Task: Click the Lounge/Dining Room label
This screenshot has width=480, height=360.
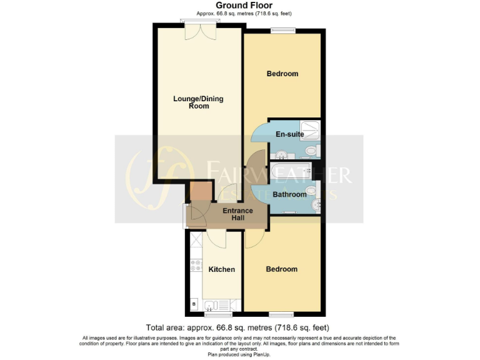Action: click(198, 102)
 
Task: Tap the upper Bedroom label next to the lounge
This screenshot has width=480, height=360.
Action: click(282, 74)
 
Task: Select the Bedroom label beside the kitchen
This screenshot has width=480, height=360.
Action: click(282, 269)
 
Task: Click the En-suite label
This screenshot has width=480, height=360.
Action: click(290, 134)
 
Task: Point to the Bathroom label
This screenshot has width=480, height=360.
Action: click(289, 194)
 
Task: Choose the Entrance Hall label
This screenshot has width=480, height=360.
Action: click(238, 214)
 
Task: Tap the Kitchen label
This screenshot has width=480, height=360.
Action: click(221, 269)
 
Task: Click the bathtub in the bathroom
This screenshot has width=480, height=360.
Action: click(291, 170)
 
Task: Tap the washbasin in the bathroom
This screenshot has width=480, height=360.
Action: click(317, 203)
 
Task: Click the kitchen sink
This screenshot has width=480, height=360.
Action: click(212, 306)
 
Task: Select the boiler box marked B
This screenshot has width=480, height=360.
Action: click(193, 305)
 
